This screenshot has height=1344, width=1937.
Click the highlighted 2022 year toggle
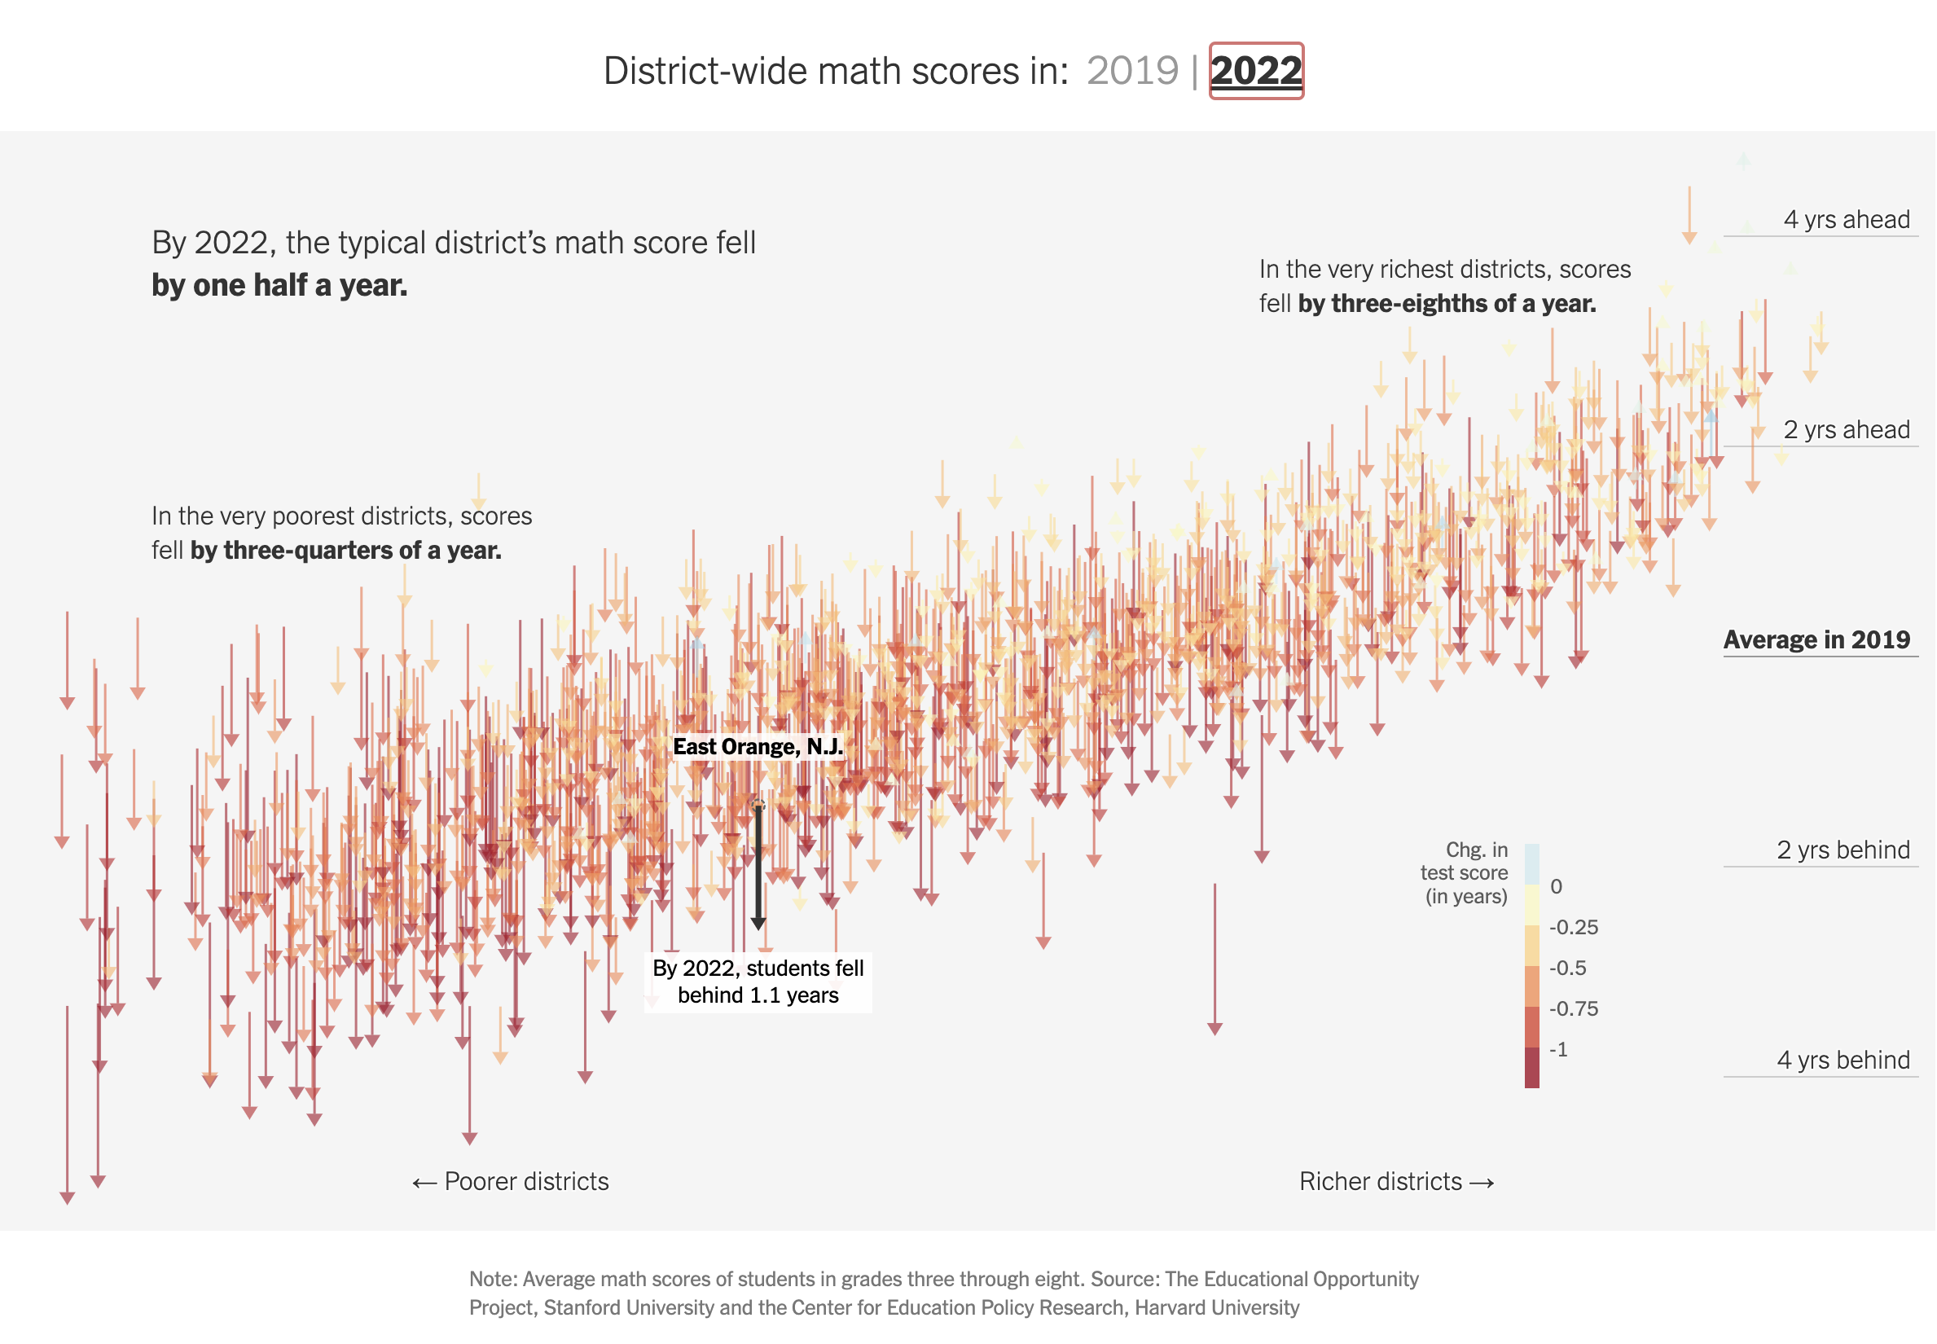click(1256, 71)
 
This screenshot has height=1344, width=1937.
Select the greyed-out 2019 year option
click(1132, 71)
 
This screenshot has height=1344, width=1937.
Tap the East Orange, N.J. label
click(757, 747)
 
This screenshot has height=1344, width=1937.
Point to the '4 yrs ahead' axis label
click(1846, 220)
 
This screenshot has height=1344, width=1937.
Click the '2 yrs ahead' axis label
click(1846, 429)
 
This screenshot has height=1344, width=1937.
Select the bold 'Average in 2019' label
click(1816, 640)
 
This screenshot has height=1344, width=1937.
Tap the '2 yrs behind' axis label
click(1843, 850)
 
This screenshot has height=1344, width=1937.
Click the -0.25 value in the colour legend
click(1573, 927)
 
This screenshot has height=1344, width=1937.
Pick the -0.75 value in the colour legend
click(1573, 1009)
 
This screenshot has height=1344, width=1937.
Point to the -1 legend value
click(1559, 1049)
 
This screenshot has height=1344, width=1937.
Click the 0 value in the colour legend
click(1557, 887)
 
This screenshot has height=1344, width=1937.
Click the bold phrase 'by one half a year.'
click(279, 285)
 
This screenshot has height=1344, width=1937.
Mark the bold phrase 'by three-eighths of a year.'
click(1446, 303)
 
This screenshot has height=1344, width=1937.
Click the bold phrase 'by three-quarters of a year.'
click(345, 551)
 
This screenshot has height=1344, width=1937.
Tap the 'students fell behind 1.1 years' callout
click(758, 982)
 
